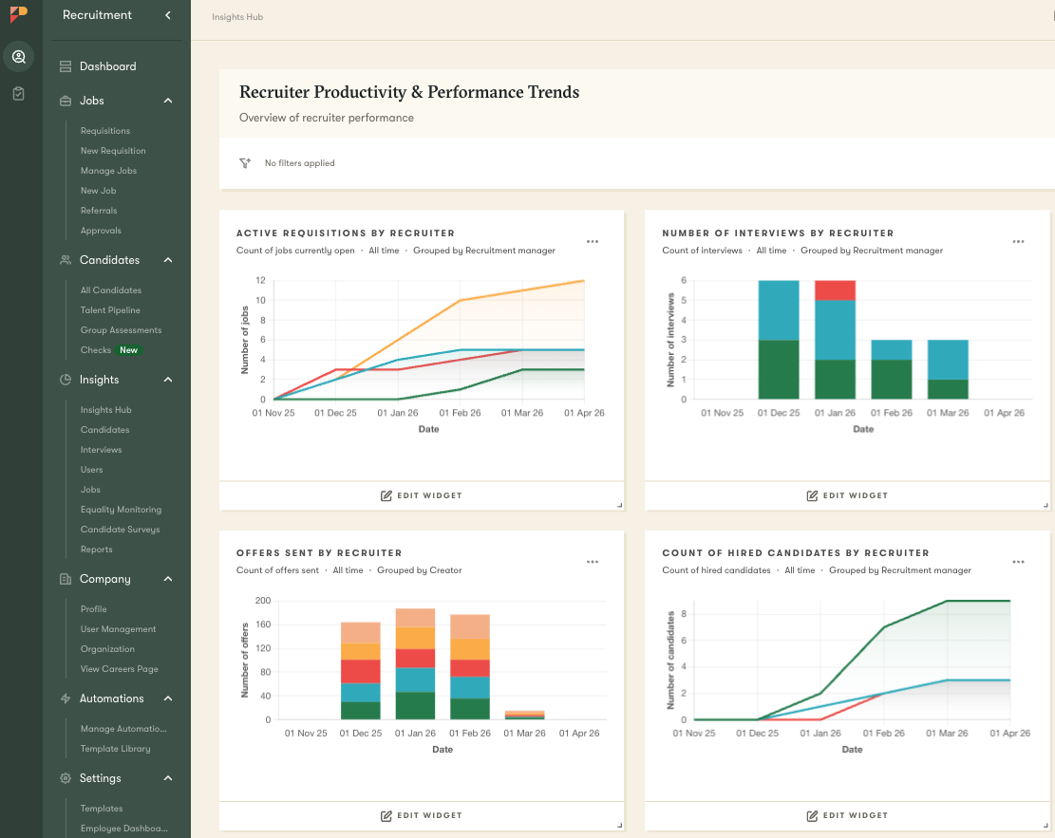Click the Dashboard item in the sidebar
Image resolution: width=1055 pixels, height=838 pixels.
click(x=107, y=66)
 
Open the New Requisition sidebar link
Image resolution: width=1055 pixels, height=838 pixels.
click(x=113, y=151)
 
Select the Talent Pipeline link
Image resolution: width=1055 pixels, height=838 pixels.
click(x=110, y=310)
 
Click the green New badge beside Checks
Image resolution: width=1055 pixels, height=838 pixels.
click(x=128, y=350)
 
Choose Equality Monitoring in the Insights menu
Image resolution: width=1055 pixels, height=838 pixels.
click(x=121, y=510)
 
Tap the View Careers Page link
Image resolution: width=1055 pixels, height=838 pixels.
click(x=119, y=669)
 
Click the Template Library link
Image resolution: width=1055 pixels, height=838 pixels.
click(x=115, y=749)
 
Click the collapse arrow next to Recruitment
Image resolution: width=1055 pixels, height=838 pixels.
click(x=168, y=15)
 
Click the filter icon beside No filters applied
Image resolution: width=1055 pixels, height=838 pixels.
click(x=245, y=163)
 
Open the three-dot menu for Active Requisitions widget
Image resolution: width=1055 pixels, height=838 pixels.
click(x=593, y=242)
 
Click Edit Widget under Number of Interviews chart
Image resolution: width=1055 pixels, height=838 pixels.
click(x=847, y=495)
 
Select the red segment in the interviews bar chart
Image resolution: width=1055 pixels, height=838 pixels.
click(x=836, y=289)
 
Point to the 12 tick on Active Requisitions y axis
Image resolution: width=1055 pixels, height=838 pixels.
click(x=259, y=281)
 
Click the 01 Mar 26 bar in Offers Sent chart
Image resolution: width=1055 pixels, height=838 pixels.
click(x=524, y=715)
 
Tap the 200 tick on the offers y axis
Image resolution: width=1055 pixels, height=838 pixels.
click(x=263, y=601)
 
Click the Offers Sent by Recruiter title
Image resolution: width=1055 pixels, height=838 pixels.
click(x=319, y=552)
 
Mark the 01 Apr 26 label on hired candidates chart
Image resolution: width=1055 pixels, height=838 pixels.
click(x=1004, y=734)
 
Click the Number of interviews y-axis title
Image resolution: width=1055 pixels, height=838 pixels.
click(x=670, y=340)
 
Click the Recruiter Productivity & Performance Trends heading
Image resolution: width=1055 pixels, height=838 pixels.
click(x=409, y=92)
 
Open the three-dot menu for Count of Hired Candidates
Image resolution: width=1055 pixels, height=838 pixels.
click(x=1018, y=562)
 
